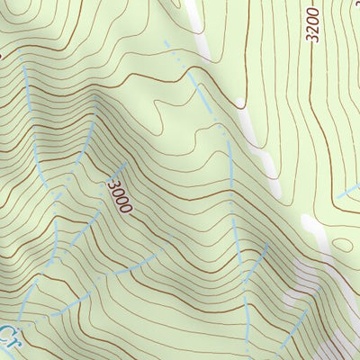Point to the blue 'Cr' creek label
click(x=9, y=339)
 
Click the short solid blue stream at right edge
click(x=347, y=193)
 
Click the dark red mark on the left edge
click(x=2, y=55)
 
